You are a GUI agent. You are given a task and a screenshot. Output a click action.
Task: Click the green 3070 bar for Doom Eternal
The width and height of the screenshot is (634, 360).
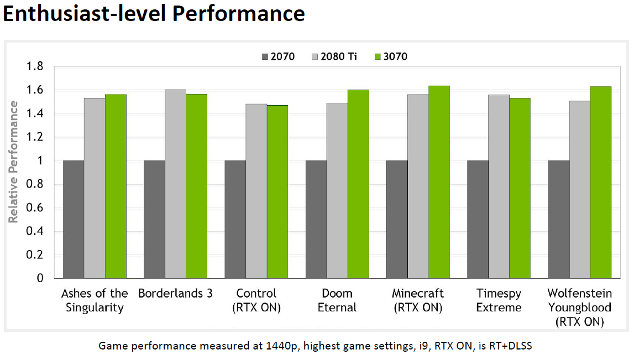click(x=358, y=184)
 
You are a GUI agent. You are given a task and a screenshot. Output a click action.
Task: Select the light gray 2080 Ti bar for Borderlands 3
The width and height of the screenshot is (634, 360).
click(x=175, y=184)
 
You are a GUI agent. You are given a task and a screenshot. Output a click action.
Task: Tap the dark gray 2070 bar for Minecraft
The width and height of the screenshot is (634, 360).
click(x=397, y=220)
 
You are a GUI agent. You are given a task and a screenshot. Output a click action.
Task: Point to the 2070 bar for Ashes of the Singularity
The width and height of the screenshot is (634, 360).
click(x=74, y=220)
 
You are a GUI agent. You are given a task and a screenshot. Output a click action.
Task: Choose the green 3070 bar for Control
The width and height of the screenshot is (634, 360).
click(x=277, y=192)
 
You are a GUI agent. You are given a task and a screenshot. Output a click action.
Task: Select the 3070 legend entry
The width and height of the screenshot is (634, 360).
click(x=391, y=56)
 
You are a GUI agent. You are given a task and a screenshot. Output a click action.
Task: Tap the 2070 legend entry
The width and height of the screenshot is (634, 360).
click(x=278, y=56)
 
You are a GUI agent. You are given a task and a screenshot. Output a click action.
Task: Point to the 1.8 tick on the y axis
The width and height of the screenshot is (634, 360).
click(x=35, y=67)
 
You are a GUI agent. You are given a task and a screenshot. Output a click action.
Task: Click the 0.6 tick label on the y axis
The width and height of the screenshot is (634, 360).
click(x=35, y=208)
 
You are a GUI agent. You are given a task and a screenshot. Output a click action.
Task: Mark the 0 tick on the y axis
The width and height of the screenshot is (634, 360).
click(x=40, y=279)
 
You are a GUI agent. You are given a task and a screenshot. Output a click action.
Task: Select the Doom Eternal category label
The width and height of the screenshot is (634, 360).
click(x=337, y=300)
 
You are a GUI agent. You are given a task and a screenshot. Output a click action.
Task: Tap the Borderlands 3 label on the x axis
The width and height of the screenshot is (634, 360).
click(x=175, y=294)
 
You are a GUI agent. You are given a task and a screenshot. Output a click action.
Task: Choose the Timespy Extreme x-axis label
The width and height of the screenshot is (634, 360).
click(x=499, y=300)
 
